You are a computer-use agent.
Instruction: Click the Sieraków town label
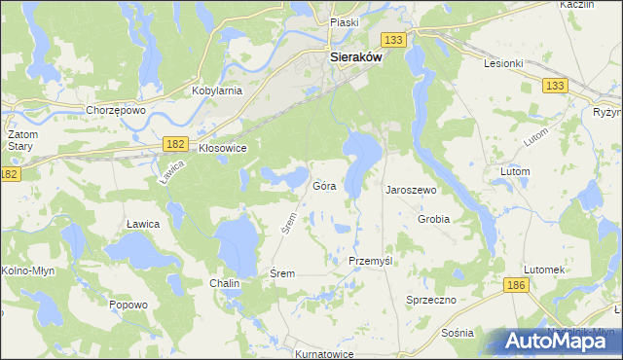[355, 57]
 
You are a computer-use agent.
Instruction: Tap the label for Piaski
[345, 21]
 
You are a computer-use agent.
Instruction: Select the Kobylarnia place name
[216, 89]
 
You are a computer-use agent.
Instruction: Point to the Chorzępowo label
[115, 110]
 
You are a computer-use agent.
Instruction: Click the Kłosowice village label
[222, 148]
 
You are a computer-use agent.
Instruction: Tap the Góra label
[325, 185]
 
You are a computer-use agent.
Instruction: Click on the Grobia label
[433, 219]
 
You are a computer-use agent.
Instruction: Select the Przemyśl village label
[370, 262]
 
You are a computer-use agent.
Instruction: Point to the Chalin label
[224, 283]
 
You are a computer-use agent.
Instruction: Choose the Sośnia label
[457, 332]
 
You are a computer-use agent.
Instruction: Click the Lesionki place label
[503, 63]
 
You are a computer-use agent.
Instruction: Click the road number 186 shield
[516, 284]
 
